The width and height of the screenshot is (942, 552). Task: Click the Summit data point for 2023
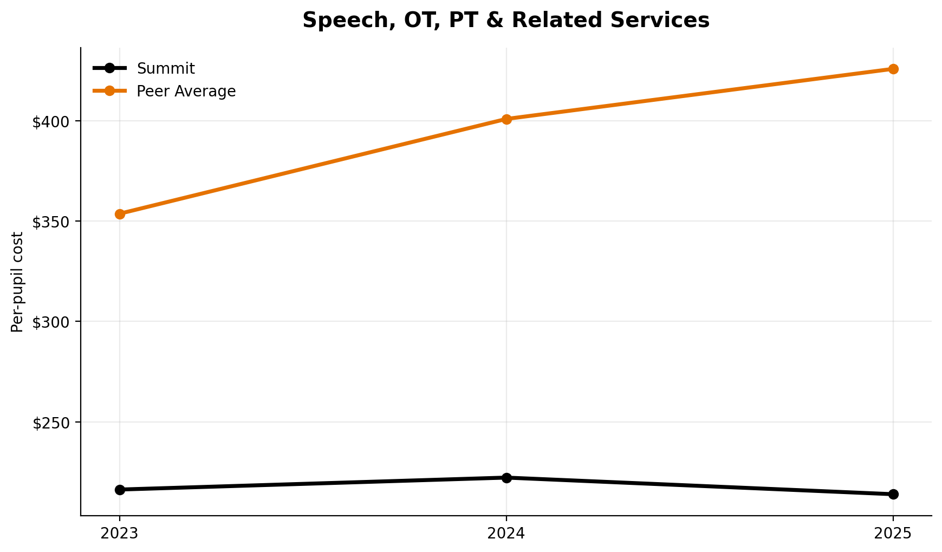[x=120, y=490]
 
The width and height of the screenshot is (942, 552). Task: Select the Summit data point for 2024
[x=506, y=478]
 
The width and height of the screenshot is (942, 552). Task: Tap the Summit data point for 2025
[x=893, y=494]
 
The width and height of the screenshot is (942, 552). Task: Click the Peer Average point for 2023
[x=120, y=214]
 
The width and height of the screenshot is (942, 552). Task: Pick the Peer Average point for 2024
[x=506, y=119]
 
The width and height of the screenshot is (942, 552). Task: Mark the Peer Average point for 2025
[x=893, y=69]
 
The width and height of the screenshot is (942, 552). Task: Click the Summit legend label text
[x=166, y=69]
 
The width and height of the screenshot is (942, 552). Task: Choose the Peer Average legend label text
[x=186, y=92]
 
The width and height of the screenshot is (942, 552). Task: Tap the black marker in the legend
[x=109, y=68]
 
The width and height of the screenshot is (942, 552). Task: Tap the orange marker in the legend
[x=109, y=91]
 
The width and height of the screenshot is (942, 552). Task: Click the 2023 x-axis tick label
[x=120, y=534]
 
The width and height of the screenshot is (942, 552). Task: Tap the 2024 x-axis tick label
[x=506, y=534]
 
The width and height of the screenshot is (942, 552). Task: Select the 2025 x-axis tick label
[x=893, y=534]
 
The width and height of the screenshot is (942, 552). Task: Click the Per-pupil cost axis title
[x=18, y=282]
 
